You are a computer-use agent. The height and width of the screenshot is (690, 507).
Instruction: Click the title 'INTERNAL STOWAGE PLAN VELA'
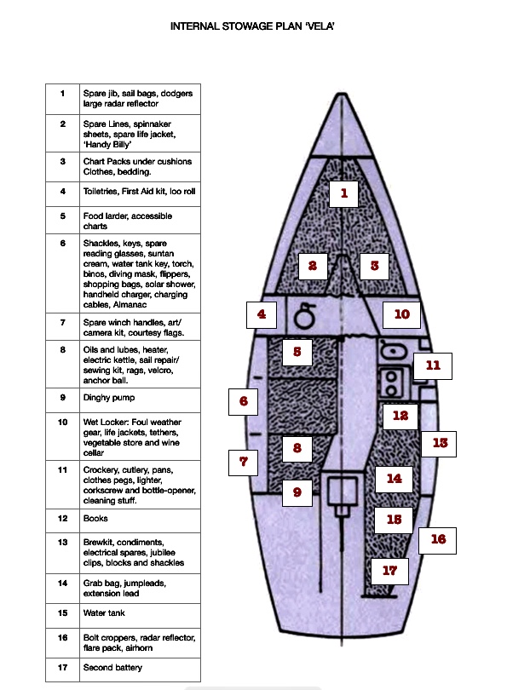[x=252, y=26]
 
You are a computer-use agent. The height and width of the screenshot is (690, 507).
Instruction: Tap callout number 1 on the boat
[x=343, y=193]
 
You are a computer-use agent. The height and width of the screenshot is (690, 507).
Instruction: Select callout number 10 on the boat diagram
[x=401, y=314]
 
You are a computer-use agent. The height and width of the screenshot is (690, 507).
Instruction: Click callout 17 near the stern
[x=389, y=571]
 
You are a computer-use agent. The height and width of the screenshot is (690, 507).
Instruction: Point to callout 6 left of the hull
[x=244, y=401]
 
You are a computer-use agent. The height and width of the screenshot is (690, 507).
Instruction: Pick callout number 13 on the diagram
[x=439, y=443]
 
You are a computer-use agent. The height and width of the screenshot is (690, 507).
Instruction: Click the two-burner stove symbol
[x=391, y=383]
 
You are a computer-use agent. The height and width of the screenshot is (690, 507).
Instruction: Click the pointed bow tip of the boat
[x=341, y=94]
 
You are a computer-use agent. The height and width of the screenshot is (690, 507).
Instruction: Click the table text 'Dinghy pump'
[x=109, y=398]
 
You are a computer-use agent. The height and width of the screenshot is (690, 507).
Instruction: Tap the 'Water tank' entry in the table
[x=104, y=613]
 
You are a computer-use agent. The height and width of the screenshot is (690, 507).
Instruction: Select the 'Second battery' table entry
[x=112, y=668]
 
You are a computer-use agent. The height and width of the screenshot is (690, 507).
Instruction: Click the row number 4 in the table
[x=62, y=192]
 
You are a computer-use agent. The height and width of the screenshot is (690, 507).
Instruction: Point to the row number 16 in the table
[x=62, y=638]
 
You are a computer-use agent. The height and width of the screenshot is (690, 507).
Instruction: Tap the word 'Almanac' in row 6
[x=130, y=304]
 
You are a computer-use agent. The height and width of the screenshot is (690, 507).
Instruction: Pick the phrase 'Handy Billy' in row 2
[x=107, y=145]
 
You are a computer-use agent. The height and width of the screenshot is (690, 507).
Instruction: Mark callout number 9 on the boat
[x=297, y=492]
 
